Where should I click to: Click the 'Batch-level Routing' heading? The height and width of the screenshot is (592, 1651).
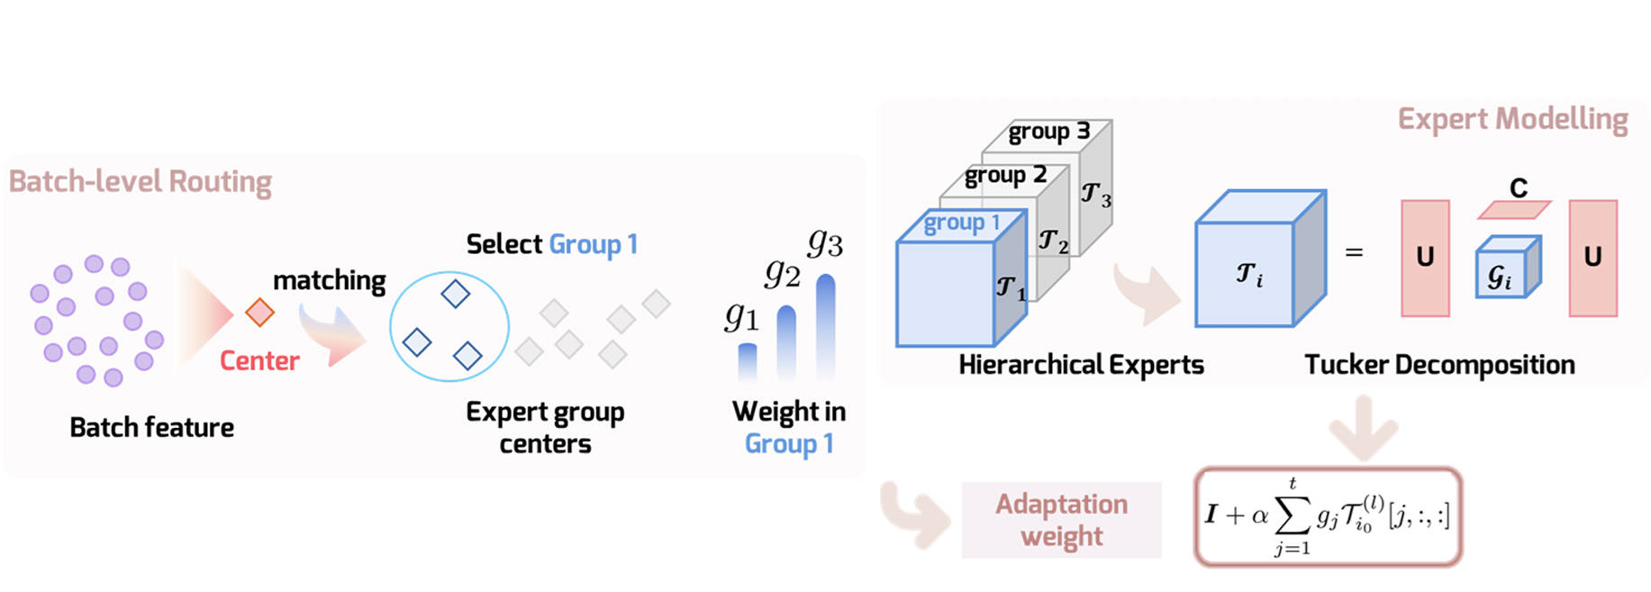[x=141, y=182]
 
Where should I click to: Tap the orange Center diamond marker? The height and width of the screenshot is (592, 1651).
[x=259, y=313]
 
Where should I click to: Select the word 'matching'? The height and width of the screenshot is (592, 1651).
[x=329, y=281]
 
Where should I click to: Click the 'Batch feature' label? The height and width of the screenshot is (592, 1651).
[x=151, y=427]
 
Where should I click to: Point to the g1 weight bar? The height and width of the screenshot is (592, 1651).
[x=748, y=360]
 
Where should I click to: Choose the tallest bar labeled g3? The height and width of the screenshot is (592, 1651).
[x=825, y=326]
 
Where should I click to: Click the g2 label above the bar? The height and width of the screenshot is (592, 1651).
[x=782, y=272]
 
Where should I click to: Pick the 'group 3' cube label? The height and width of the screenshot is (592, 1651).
[x=1048, y=132]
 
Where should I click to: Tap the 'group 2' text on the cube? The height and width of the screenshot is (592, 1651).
[x=1005, y=175]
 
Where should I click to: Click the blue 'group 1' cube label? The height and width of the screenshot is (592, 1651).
[x=962, y=223]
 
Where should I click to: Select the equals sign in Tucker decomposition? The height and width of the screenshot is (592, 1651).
[x=1354, y=253]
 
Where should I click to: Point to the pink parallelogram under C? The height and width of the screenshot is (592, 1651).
[x=1514, y=210]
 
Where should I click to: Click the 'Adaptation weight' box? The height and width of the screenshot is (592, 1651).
[x=1061, y=520]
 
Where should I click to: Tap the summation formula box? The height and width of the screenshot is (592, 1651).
[x=1328, y=516]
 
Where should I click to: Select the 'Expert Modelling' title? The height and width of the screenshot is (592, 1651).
[x=1512, y=119]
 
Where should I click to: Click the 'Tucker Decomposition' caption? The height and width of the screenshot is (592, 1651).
[x=1439, y=365]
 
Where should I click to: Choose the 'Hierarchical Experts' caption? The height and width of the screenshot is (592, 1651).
[x=1081, y=365]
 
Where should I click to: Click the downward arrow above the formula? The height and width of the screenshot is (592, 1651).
[x=1363, y=428]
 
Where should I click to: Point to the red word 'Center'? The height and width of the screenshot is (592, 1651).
[x=259, y=361]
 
